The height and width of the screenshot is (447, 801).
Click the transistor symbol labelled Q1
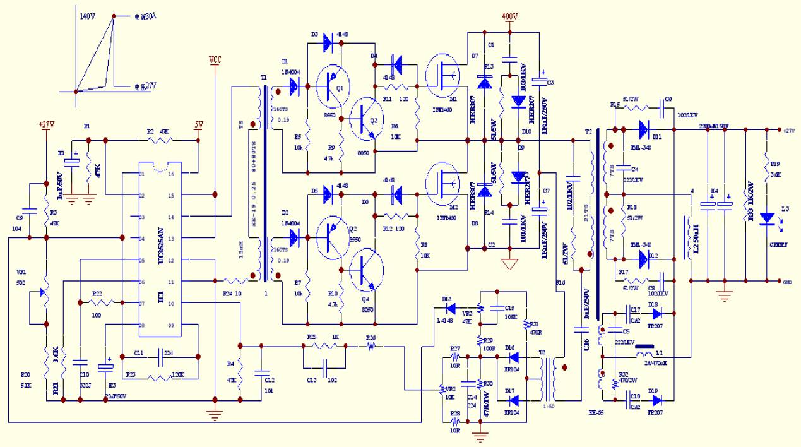[x=332, y=83]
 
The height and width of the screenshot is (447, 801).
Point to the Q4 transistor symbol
[x=367, y=271]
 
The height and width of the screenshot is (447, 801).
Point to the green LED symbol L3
[x=768, y=218]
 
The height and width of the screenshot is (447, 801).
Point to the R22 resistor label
[x=98, y=294]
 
